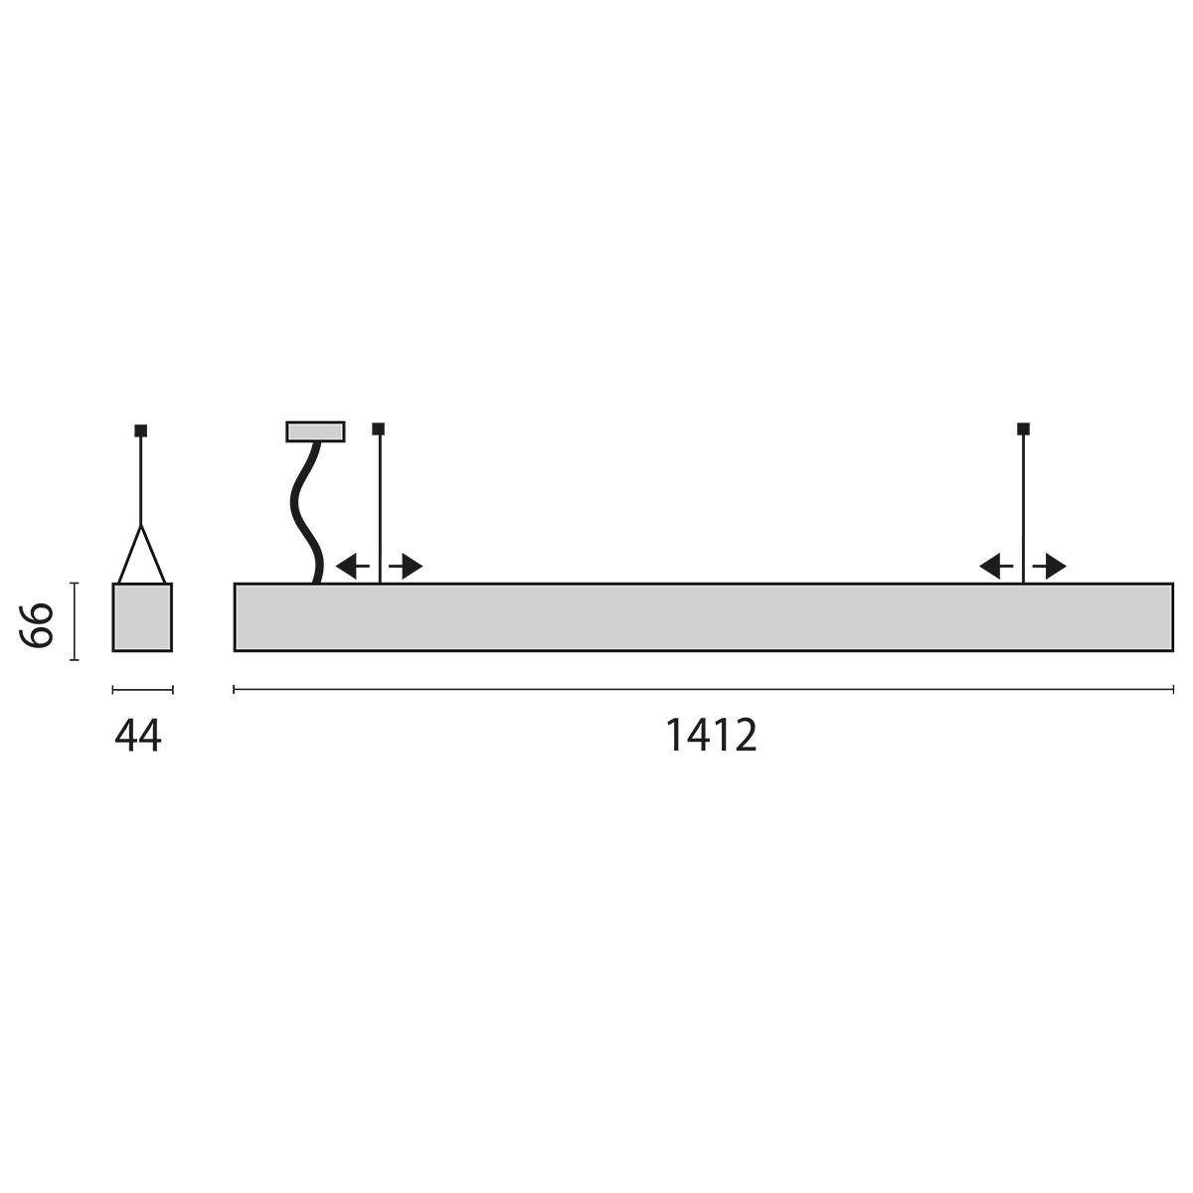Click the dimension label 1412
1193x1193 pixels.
click(711, 735)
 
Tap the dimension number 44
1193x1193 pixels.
click(137, 736)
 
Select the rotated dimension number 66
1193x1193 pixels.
click(37, 625)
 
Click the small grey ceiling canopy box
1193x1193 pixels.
click(315, 431)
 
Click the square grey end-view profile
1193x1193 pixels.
click(142, 617)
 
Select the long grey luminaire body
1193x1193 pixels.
click(703, 617)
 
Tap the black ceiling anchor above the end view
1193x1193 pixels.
click(141, 430)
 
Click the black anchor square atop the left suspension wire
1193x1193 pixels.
click(378, 428)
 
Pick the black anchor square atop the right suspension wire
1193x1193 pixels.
click(1023, 428)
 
